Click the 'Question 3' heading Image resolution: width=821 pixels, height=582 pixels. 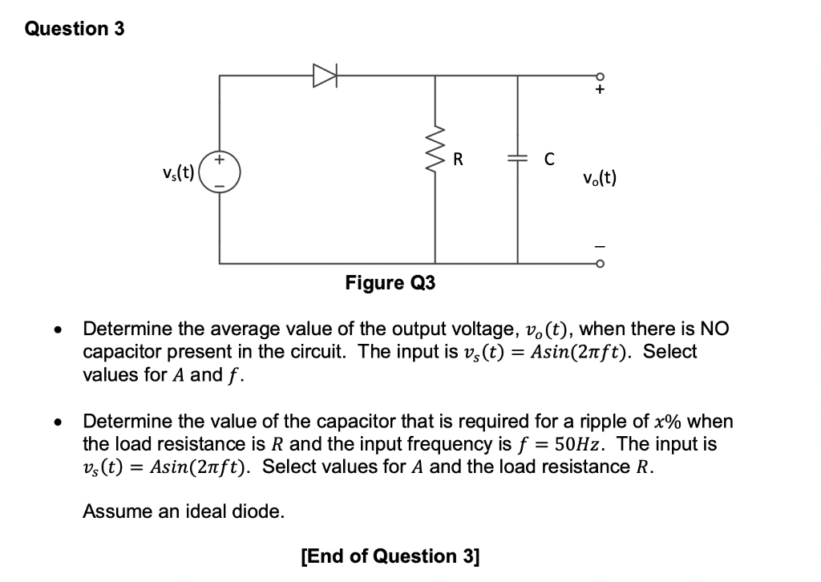(x=75, y=29)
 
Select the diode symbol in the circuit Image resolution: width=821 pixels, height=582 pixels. (x=325, y=76)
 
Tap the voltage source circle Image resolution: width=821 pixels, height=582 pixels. (x=220, y=172)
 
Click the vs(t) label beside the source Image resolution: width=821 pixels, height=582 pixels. (x=178, y=172)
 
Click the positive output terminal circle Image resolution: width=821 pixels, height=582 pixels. (x=598, y=76)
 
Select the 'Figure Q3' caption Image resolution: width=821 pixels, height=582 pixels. (x=390, y=283)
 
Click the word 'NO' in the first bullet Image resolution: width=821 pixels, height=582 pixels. (x=715, y=329)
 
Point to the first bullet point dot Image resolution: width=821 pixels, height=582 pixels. (x=56, y=329)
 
